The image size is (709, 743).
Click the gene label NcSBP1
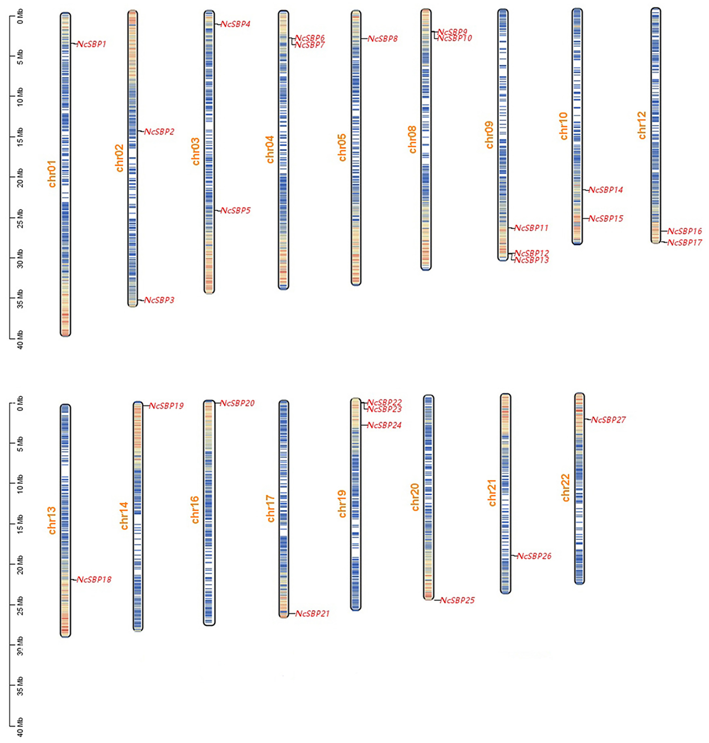point(91,44)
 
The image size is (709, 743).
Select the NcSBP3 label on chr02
point(159,300)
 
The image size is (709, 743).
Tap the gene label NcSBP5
point(235,211)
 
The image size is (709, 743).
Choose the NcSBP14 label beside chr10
point(606,190)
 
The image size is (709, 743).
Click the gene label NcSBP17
point(684,243)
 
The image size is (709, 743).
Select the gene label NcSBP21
point(312,614)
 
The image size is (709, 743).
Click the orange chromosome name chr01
point(52,174)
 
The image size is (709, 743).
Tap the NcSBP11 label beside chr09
point(531,228)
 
